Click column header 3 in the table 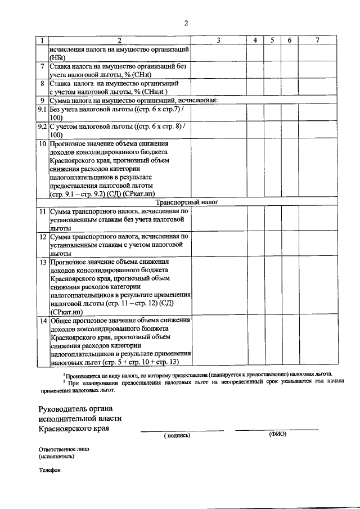pyautogui.click(x=218, y=40)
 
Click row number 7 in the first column pyautogui.click(x=42, y=66)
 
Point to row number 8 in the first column pyautogui.click(x=42, y=83)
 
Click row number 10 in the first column pyautogui.click(x=42, y=143)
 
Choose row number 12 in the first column pyautogui.click(x=42, y=237)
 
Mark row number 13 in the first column pyautogui.click(x=42, y=262)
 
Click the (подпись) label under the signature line pyautogui.click(x=177, y=435)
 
